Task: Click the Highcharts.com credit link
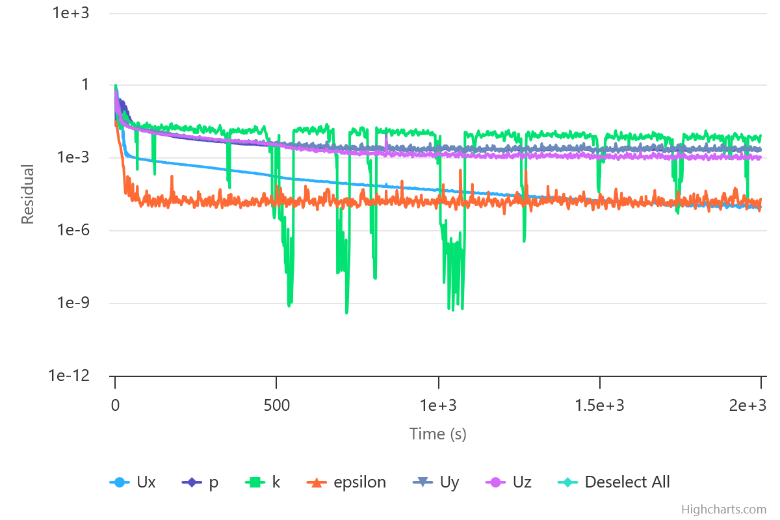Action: point(723,510)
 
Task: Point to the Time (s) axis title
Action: point(437,434)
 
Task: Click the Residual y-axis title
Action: point(27,194)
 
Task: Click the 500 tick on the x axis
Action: point(276,406)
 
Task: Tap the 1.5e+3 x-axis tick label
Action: point(600,406)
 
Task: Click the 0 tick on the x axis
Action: point(115,406)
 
